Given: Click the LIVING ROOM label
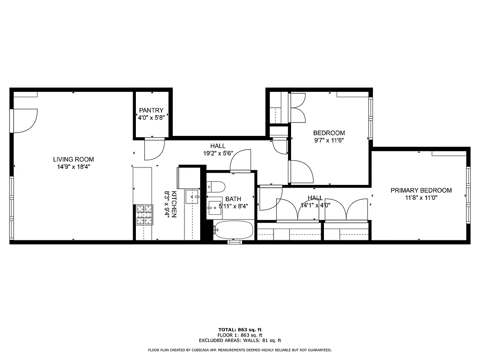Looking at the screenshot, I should coord(73,159).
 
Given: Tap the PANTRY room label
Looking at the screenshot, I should coord(151,110).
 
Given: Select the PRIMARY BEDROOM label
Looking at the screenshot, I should coord(421,190).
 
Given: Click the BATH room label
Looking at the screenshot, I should coord(233,199).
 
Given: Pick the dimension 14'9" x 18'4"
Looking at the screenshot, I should coord(73,166).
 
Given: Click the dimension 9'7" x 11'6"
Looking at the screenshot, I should coord(329,140).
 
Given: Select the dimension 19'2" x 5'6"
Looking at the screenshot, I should coord(218,153).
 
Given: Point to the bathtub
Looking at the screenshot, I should coord(234,230).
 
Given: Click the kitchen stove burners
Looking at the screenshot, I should coord(144,215).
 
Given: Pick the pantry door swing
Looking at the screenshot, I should coord(153,149).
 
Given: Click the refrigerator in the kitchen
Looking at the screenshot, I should coord(188,177).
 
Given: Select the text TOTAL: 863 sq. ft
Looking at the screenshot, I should coord(240,330).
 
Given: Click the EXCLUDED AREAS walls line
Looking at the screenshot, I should coord(240,341).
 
